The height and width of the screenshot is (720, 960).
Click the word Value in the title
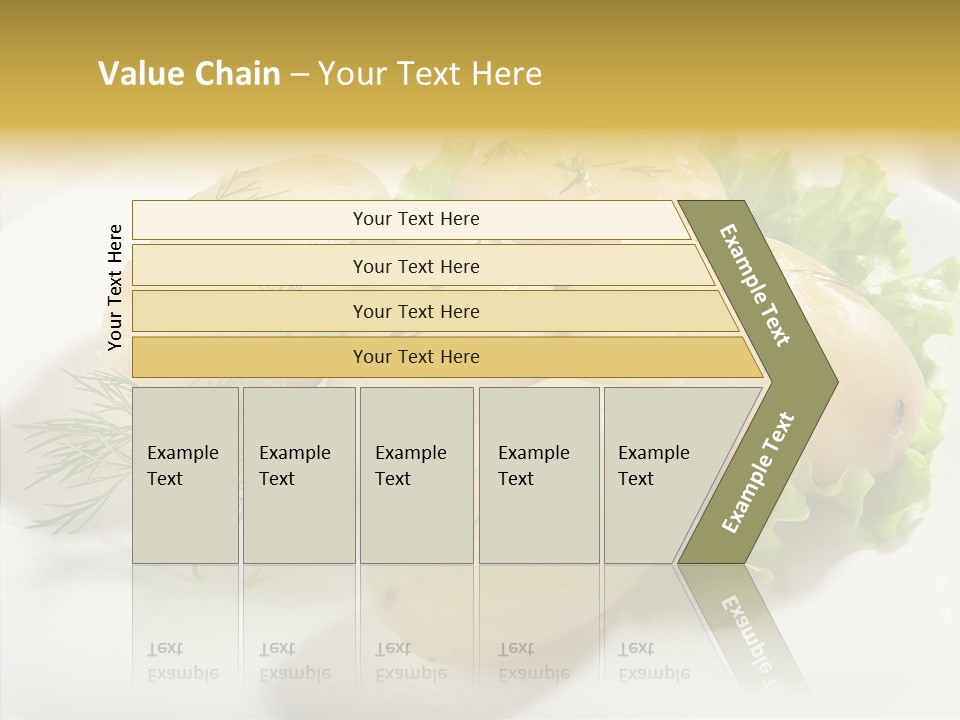tap(138, 74)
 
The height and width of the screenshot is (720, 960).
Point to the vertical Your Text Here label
tap(115, 287)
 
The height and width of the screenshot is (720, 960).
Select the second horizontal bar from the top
tap(416, 266)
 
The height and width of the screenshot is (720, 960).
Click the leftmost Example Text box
tap(185, 475)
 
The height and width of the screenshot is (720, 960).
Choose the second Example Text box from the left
tap(298, 475)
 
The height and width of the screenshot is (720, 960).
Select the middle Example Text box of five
tap(416, 475)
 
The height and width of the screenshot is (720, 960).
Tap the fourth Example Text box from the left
tap(538, 475)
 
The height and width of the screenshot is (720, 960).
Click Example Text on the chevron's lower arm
tap(757, 472)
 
